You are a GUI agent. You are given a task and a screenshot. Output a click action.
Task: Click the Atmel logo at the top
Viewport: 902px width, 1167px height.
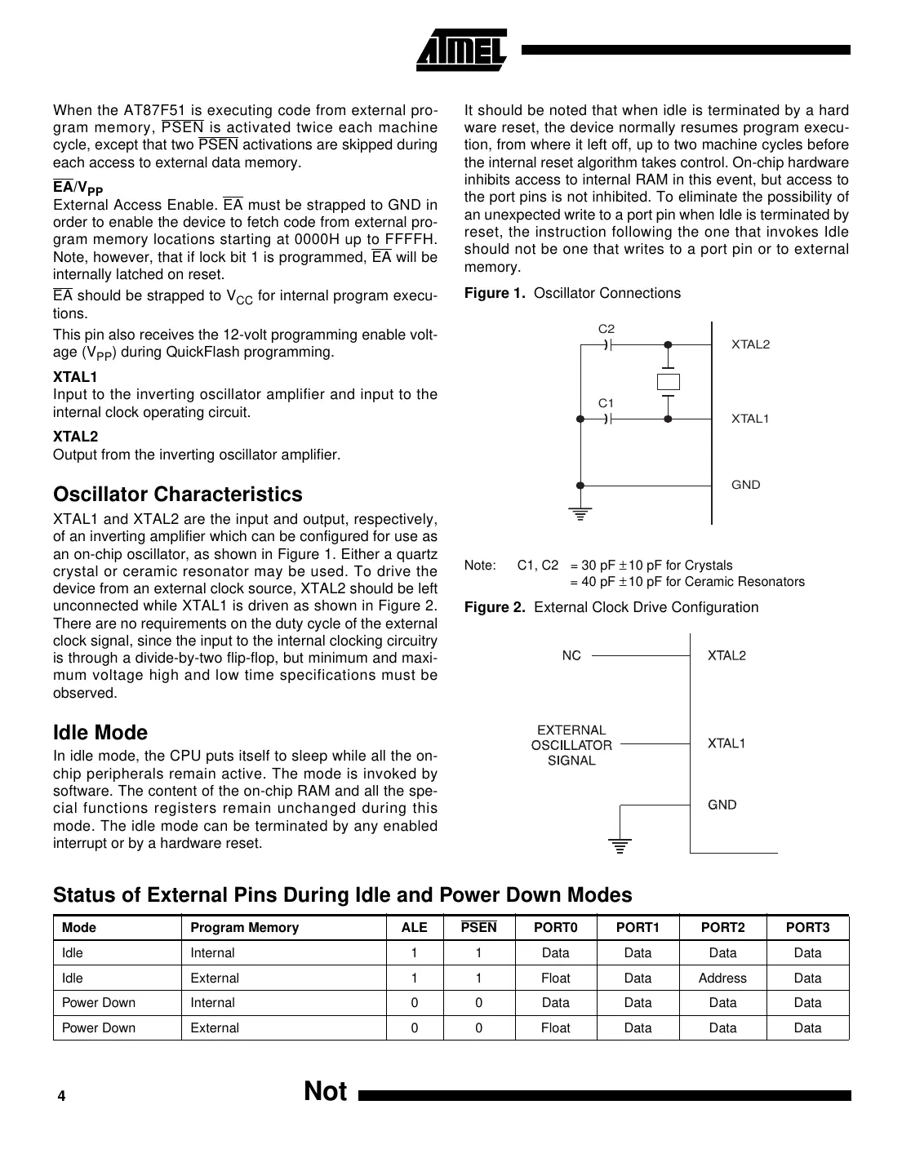462,51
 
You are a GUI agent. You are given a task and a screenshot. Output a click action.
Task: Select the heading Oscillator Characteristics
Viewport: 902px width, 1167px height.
177,495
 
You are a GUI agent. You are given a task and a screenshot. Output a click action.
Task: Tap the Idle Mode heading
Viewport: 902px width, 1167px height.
100,732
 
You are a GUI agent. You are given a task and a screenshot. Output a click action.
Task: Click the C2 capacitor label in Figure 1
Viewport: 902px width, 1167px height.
606,329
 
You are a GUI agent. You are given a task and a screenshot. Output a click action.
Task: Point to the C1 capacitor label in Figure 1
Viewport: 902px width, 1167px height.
606,403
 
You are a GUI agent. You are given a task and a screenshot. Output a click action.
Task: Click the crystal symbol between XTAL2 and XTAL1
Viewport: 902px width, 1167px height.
668,382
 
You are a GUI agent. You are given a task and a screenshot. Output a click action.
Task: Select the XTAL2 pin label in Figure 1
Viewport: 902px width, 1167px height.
750,344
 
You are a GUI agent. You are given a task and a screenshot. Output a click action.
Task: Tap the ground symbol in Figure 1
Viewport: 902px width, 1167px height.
580,514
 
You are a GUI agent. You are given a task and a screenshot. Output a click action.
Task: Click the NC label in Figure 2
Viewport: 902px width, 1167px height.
571,655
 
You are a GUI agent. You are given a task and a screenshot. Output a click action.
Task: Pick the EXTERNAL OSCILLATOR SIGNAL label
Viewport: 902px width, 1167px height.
571,745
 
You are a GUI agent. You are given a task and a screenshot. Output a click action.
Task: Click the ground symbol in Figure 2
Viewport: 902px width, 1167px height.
620,845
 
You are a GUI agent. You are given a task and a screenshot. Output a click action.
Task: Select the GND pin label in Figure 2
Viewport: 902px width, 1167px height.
722,805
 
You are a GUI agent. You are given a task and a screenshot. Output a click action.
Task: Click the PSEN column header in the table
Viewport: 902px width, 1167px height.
478,927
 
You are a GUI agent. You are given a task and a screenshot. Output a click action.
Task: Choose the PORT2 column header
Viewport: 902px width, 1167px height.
722,927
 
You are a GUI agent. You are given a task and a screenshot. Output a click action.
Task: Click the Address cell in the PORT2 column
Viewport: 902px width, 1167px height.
722,978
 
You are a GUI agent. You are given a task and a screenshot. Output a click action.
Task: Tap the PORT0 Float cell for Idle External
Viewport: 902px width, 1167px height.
556,978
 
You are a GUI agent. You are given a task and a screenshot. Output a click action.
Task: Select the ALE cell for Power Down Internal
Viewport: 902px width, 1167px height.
415,1003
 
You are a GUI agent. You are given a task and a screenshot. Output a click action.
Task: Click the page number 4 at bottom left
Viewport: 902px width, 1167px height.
61,1097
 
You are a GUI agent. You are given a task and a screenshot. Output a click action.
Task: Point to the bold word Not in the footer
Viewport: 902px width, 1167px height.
325,1091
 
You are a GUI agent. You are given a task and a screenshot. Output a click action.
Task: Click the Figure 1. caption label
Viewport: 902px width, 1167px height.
495,293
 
